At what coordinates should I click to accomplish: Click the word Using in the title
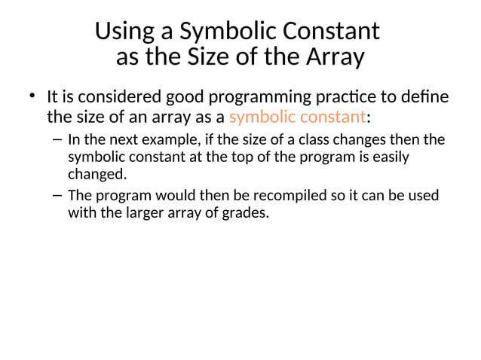click(122, 32)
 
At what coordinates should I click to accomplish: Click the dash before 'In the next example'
click(59, 139)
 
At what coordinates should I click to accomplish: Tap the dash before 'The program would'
click(59, 195)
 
